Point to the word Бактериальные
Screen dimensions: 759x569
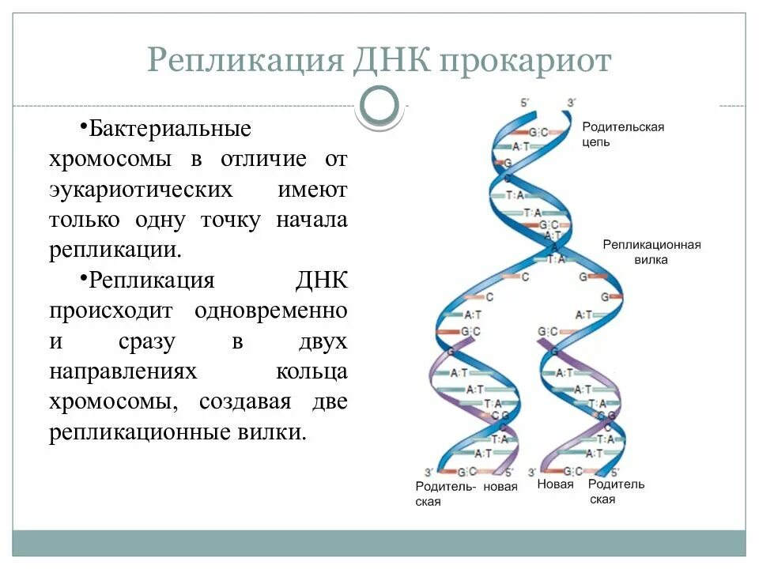169,128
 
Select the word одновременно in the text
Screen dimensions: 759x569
271,311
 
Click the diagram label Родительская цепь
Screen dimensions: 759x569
623,134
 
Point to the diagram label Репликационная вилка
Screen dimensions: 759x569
651,251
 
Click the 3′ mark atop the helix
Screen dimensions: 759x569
572,102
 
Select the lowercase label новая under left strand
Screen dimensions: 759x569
500,486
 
